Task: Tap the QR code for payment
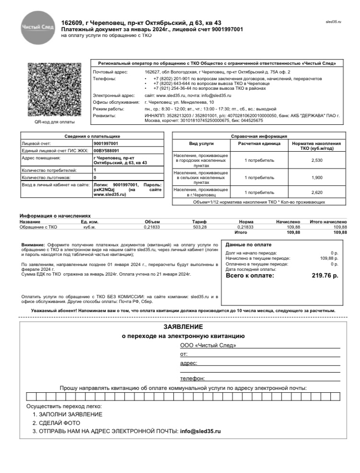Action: [48, 90]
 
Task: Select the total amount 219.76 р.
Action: [325, 276]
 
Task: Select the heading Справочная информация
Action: [259, 136]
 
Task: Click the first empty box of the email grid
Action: [30, 397]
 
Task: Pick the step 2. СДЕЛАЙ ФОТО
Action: [56, 423]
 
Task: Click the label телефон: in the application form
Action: [192, 378]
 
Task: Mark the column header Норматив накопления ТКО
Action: [316, 146]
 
